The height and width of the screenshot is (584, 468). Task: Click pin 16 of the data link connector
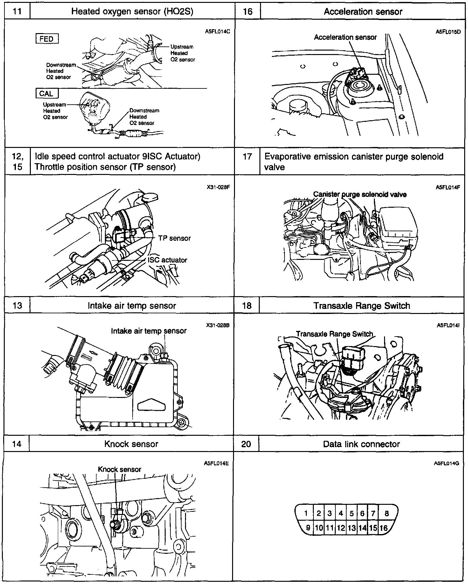pos(384,528)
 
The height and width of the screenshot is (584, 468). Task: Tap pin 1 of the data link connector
pos(306,513)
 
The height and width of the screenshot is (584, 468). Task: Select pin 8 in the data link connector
pos(387,513)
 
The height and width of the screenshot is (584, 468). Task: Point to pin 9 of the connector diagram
pos(307,528)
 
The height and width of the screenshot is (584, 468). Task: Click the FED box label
pos(47,39)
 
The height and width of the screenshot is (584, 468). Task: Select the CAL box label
pos(46,94)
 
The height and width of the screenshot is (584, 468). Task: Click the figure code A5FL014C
pos(217,32)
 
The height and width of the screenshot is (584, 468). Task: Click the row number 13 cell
pos(17,306)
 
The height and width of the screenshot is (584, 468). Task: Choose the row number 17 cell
pos(247,156)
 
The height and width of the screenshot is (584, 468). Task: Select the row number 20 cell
pos(246,444)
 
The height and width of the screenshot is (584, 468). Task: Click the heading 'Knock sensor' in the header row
pos(131,444)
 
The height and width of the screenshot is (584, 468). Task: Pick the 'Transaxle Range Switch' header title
pos(362,306)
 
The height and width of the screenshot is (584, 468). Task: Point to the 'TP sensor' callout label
pos(175,238)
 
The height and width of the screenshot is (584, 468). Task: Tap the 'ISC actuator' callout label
pos(168,260)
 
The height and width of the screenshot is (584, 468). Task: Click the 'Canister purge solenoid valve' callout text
pos(360,194)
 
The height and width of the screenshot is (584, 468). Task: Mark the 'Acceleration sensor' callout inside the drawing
pos(345,37)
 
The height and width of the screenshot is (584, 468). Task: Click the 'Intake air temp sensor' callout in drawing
pos(148,331)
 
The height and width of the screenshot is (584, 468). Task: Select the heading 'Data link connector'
pos(361,444)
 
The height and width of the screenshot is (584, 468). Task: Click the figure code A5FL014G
pos(446,463)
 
